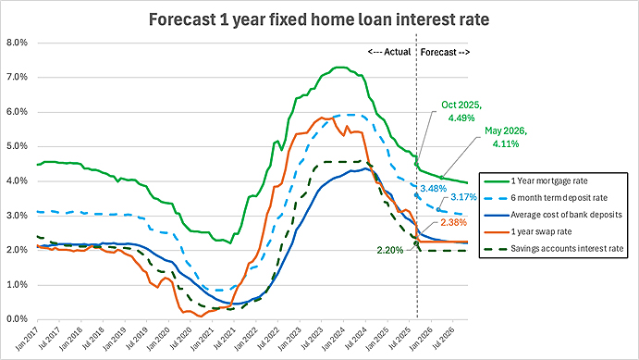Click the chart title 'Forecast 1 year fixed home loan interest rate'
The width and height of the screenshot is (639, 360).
(x=319, y=19)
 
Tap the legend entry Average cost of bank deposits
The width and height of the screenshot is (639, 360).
(x=553, y=215)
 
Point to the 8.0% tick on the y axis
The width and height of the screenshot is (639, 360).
(x=17, y=43)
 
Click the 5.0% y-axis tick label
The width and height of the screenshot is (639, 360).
(x=17, y=146)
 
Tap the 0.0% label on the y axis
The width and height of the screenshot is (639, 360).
(x=17, y=319)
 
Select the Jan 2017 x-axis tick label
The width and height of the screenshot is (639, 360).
(x=27, y=339)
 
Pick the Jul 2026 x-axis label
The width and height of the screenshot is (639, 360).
(x=443, y=338)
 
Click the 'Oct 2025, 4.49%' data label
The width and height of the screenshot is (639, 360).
(x=461, y=111)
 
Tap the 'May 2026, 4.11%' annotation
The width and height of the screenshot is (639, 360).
(x=506, y=137)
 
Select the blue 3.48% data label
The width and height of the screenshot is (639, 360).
(x=434, y=189)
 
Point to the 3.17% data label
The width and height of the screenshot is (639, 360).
(x=464, y=197)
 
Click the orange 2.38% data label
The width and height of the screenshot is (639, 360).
(x=453, y=223)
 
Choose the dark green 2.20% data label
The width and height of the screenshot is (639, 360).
(x=389, y=250)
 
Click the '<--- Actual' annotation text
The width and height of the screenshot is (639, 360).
(x=389, y=52)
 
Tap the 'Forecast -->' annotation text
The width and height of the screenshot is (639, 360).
(x=445, y=52)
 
